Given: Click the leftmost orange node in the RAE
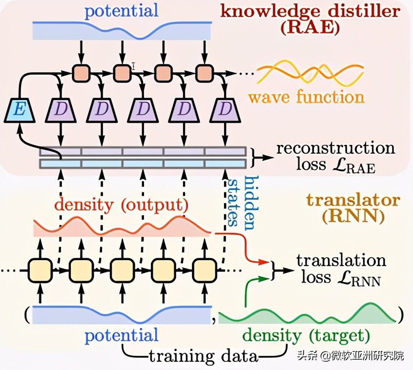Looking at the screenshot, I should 81,73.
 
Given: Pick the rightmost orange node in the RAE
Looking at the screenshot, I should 204,73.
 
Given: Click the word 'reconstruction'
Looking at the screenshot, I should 335,147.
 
